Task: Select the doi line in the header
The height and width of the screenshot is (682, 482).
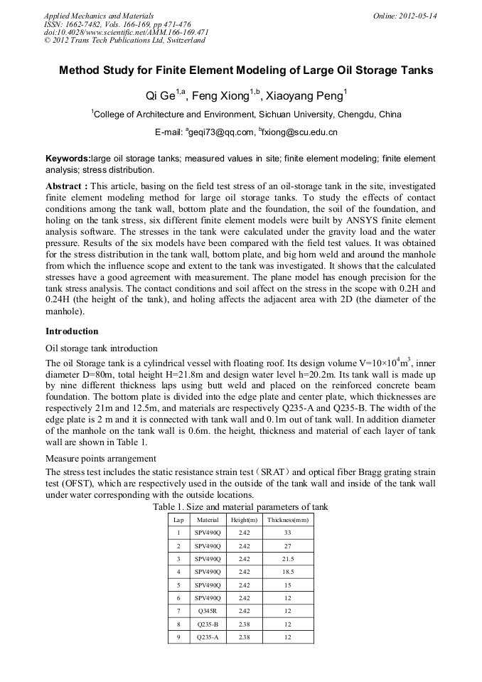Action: tap(126, 32)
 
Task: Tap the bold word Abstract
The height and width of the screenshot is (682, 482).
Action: tap(65, 186)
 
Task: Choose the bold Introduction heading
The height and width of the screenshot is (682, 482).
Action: tap(72, 331)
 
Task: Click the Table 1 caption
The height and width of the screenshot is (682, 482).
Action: tap(240, 507)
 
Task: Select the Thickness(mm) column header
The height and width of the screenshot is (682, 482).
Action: tap(288, 521)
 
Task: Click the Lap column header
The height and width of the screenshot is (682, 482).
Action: tap(178, 521)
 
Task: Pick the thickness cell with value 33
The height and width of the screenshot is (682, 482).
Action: tap(288, 533)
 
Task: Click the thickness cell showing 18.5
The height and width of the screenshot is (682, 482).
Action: tap(288, 572)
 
